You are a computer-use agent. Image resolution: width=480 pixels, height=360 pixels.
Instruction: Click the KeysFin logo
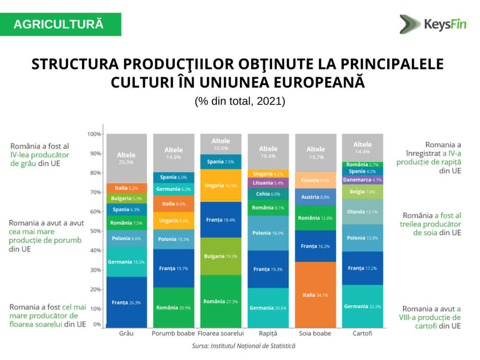coord(433,24)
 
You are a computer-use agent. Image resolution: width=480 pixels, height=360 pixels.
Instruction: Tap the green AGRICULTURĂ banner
coord(60,24)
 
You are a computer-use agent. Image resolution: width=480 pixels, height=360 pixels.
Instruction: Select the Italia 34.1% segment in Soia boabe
coord(315,295)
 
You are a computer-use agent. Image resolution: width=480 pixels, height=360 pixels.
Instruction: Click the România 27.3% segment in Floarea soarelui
coord(221,301)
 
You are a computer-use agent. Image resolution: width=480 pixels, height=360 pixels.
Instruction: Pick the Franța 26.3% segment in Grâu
coord(127,302)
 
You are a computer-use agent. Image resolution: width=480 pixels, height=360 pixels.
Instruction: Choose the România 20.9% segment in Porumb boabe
coord(173,307)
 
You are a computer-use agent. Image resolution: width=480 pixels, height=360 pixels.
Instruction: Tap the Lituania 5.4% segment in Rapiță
coord(268,183)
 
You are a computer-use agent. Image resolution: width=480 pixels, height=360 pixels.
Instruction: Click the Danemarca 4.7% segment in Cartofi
coord(362,180)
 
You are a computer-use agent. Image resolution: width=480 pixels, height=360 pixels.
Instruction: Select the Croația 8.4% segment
coord(315,180)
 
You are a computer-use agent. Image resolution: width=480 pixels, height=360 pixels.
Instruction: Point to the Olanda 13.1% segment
coord(362,212)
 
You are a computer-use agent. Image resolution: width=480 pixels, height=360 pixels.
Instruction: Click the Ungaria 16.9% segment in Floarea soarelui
coord(221,186)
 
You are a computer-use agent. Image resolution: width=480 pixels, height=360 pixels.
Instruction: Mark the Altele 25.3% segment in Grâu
coord(127,158)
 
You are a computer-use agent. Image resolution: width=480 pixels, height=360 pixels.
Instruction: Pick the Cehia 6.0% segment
coord(268,194)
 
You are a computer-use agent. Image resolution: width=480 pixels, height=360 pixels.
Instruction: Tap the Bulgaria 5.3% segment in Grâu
coord(127,198)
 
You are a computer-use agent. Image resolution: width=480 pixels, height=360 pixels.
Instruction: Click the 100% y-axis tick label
coord(94,134)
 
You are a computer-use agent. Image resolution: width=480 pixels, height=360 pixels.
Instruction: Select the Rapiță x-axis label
coord(268,333)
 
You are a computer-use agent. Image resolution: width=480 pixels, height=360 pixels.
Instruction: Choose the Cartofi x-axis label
coord(362,333)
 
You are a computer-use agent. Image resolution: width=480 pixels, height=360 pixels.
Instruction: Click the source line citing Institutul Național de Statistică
coord(244,346)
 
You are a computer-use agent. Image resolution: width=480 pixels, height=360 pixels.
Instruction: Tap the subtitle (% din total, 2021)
coord(240,101)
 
